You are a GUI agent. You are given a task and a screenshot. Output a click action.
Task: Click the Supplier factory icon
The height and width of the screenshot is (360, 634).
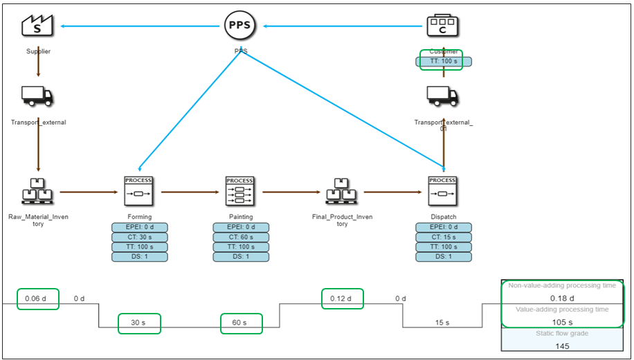[x=37, y=26]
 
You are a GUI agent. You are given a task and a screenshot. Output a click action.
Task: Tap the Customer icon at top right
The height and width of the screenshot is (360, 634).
[x=443, y=26]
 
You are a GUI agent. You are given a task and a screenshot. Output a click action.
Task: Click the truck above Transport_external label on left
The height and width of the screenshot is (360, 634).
[x=37, y=96]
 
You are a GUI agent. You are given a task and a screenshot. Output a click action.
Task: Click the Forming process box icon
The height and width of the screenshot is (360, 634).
[x=138, y=191]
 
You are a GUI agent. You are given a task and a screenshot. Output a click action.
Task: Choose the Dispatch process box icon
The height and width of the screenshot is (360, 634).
[x=443, y=191]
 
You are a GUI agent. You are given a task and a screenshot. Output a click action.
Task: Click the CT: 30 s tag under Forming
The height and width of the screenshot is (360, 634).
[x=140, y=237]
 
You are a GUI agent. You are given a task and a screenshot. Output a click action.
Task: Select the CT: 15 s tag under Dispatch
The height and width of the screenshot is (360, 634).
[x=444, y=237]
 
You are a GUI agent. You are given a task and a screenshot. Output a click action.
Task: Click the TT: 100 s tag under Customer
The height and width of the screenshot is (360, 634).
[x=444, y=62]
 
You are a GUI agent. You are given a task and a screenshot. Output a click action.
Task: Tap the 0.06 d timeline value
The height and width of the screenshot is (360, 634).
[x=37, y=298]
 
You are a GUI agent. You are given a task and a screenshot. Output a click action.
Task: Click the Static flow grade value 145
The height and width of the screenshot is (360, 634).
[x=562, y=345]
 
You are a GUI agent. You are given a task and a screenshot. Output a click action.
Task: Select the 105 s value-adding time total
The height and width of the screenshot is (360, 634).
[x=562, y=322]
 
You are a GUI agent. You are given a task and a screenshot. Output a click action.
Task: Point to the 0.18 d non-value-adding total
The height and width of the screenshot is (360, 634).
[x=562, y=298]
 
